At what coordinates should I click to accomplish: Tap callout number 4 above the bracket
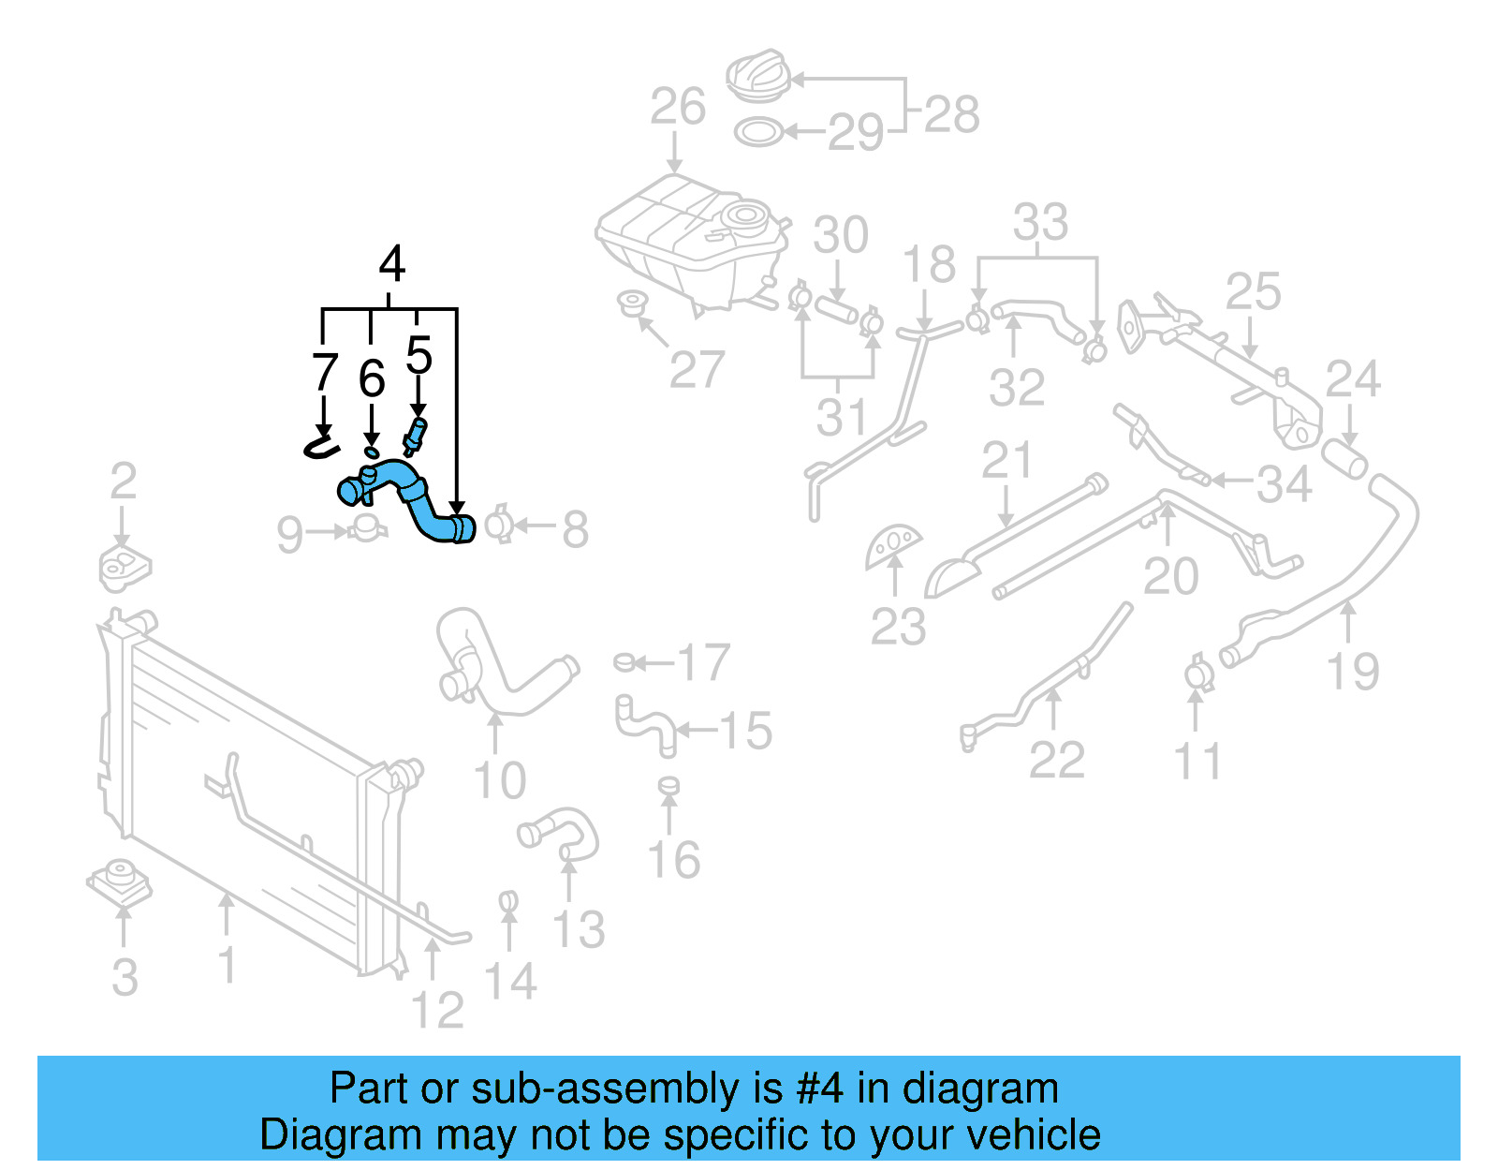tap(391, 264)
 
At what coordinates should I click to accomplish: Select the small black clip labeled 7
tap(320, 443)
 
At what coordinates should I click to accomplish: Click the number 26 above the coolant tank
tap(678, 107)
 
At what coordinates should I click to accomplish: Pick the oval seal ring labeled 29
tap(757, 132)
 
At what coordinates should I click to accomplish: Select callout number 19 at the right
tap(1353, 672)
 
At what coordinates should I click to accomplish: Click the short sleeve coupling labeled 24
tap(1344, 459)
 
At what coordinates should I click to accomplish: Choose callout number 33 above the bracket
tap(1040, 223)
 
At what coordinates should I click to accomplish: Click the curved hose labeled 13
tap(562, 832)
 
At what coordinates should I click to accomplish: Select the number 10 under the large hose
tap(500, 780)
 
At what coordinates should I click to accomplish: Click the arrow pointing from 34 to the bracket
tap(1231, 481)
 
